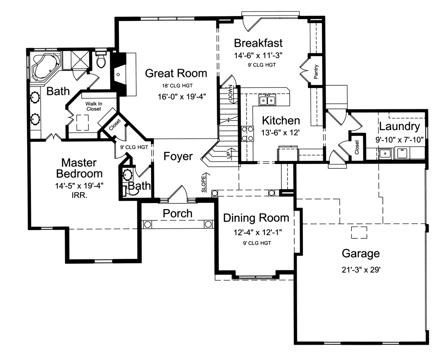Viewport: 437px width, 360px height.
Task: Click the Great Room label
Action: [x=176, y=73]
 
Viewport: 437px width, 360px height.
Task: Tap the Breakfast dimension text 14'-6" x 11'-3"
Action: [x=258, y=56]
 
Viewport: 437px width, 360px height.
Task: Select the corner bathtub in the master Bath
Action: [x=44, y=67]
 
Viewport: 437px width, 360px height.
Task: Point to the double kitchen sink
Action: [x=267, y=101]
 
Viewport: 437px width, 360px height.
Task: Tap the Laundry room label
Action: [x=399, y=127]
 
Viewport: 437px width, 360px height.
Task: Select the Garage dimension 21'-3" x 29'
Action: [x=361, y=270]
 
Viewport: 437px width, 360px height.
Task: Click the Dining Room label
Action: [x=256, y=218]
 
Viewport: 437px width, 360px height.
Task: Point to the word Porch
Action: [x=177, y=213]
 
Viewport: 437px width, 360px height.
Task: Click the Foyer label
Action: [x=178, y=156]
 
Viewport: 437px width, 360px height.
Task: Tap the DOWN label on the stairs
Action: [x=230, y=93]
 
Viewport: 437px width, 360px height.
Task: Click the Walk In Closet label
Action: [x=93, y=106]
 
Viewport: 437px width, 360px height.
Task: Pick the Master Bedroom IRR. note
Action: [x=79, y=197]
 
